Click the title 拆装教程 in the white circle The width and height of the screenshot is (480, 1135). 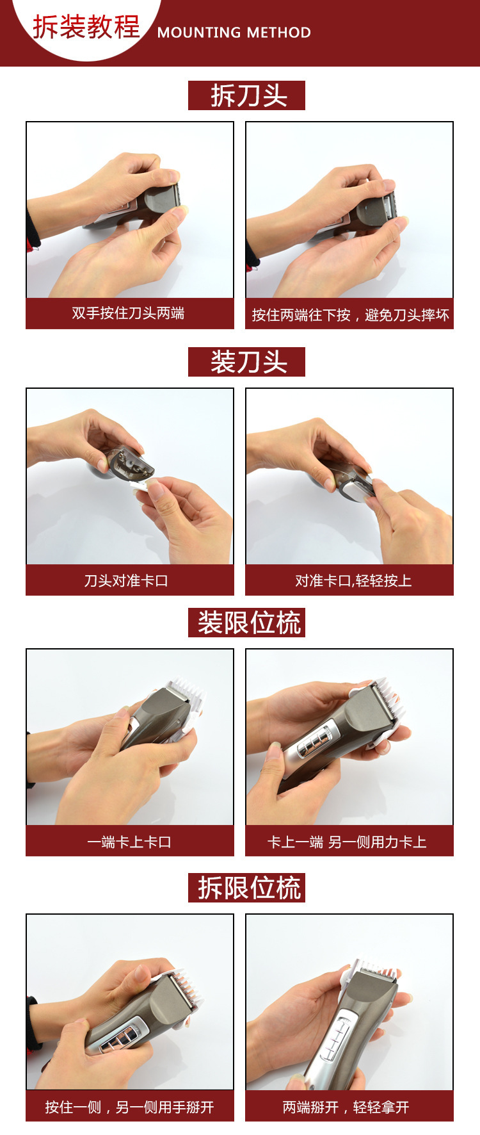(x=86, y=27)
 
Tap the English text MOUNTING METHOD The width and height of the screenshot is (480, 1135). (x=234, y=33)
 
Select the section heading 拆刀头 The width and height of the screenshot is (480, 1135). (x=247, y=95)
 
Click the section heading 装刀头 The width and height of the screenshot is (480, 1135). (x=247, y=362)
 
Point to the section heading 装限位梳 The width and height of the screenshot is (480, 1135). (x=247, y=623)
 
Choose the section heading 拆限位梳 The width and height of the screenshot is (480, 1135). (x=247, y=888)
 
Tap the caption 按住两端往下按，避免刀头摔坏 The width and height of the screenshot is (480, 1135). (x=350, y=315)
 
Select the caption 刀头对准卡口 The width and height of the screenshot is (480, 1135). (x=127, y=580)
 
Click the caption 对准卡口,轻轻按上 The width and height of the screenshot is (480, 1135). (x=353, y=580)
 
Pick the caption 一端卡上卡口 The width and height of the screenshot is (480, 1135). (x=129, y=842)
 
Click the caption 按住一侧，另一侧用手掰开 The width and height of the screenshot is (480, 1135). (x=129, y=1107)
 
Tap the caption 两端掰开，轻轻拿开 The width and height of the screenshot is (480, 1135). (x=346, y=1107)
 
